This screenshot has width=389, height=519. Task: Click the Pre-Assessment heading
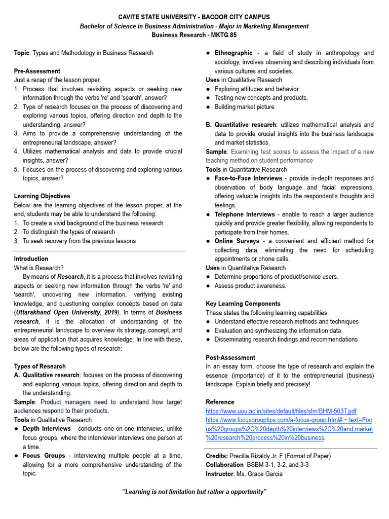coord(37,71)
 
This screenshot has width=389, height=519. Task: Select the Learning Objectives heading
coord(42,196)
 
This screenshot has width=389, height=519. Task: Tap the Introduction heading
coord(31,259)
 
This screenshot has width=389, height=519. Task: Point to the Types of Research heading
coord(40,366)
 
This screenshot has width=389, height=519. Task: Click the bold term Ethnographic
coord(233,53)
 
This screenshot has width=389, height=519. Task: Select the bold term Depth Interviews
coord(47,429)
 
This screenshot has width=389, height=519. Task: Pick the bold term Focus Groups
coord(44,456)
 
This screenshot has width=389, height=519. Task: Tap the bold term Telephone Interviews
coord(245,214)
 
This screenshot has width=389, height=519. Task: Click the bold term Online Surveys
coord(237,241)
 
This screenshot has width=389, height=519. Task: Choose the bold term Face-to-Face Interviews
coord(248,178)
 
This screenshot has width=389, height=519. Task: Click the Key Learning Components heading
coord(243,304)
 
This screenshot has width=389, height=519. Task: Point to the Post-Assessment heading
coord(230,357)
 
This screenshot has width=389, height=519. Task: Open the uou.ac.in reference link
coord(281,411)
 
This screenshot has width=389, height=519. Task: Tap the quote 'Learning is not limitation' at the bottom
coord(194,492)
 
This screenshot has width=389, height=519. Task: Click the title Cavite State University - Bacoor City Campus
coord(194,17)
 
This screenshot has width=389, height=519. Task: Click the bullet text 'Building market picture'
coord(244,107)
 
